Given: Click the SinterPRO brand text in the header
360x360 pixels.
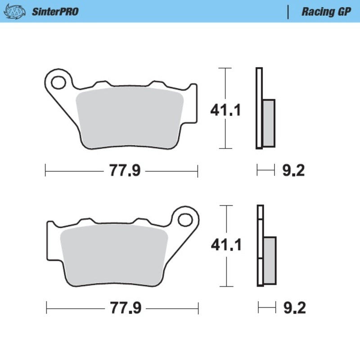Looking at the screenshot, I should [x=54, y=12].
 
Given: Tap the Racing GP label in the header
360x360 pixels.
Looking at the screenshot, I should [x=326, y=12].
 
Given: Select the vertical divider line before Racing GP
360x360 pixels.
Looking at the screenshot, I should [x=288, y=12].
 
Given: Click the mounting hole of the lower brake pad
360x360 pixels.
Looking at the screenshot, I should [x=184, y=220].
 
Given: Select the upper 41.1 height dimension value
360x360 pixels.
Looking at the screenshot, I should [x=225, y=109].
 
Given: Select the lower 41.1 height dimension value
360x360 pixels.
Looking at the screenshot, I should [x=226, y=245].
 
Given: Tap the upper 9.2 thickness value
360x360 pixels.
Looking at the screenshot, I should [x=293, y=171].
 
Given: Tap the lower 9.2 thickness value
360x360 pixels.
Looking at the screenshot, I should [x=294, y=308].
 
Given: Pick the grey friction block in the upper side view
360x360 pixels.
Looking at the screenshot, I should [x=268, y=122].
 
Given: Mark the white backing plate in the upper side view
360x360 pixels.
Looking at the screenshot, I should [x=258, y=108].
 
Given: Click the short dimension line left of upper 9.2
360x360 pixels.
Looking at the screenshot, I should [x=265, y=171].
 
